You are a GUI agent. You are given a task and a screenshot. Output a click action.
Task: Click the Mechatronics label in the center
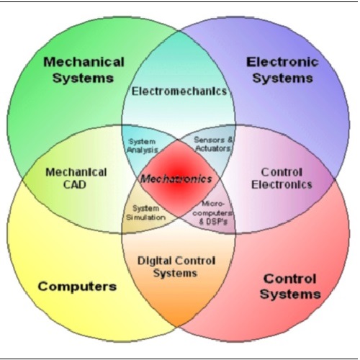(176, 179)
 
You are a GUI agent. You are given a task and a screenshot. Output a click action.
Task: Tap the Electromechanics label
(179, 91)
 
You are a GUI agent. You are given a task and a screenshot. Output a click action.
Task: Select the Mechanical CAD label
(76, 179)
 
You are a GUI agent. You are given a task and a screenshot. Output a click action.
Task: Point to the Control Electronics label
(282, 179)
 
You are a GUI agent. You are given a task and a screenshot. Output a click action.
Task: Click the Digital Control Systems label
(176, 267)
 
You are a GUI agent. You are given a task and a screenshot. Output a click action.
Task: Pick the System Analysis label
(143, 145)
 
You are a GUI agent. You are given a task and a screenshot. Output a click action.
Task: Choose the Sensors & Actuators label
(213, 144)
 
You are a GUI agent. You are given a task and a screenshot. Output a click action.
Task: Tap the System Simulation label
(146, 213)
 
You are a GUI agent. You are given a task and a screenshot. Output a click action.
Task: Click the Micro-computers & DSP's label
(213, 213)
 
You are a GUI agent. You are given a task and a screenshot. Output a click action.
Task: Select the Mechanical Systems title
(84, 70)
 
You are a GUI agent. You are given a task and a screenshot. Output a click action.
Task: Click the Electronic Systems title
(282, 70)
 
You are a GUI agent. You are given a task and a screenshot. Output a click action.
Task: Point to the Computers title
(77, 287)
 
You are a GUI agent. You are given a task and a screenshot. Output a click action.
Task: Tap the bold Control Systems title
(290, 287)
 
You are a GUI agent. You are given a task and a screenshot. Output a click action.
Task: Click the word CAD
(75, 185)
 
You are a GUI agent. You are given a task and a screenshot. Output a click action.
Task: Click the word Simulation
(146, 217)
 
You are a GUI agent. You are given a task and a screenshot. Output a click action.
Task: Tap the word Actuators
(213, 148)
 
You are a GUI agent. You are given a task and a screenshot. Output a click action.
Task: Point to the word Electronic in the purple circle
(282, 62)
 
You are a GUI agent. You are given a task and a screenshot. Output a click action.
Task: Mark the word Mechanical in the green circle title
(84, 62)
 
